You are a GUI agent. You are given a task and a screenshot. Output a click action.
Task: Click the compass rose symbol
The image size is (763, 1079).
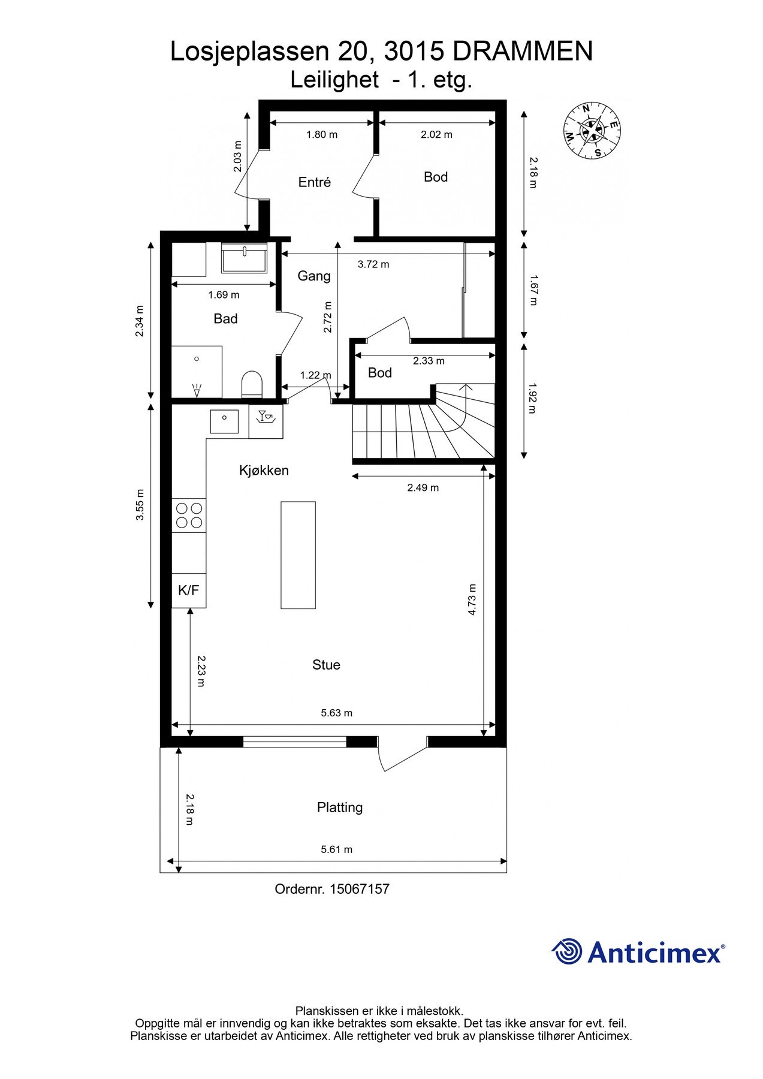point(592,131)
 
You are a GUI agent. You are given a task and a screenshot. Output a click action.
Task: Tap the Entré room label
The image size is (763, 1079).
point(314,182)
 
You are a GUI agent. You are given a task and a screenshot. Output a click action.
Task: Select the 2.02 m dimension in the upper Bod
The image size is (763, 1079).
point(436,135)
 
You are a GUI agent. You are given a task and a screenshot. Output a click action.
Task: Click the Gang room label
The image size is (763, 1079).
point(314,276)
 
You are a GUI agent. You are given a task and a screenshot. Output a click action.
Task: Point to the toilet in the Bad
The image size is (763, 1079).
point(252,384)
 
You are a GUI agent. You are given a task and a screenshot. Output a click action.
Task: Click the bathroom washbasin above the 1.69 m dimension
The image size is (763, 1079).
point(244,258)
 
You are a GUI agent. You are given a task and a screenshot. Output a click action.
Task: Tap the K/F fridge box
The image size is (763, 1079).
point(189,590)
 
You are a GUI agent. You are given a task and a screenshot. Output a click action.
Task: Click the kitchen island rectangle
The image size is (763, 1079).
point(298,555)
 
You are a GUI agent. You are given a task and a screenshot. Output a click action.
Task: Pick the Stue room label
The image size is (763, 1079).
point(326,665)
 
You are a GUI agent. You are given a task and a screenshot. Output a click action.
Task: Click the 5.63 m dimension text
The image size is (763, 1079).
point(336,713)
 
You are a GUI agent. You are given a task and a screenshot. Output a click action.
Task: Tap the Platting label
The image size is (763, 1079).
point(340,807)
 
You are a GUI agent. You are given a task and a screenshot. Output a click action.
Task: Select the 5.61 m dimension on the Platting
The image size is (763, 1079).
point(336,849)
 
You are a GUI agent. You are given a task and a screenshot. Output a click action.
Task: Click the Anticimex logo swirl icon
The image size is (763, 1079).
point(566,952)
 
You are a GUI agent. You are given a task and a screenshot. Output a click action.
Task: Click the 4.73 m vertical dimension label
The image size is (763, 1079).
point(472,599)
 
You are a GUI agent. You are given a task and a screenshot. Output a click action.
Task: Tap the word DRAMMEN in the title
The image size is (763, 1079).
point(523,52)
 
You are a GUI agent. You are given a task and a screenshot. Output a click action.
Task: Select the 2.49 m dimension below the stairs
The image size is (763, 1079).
point(423,487)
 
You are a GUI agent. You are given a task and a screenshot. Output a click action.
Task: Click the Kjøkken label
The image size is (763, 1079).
point(264,471)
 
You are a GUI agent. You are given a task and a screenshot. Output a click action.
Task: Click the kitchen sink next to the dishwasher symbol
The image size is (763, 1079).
point(224,421)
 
